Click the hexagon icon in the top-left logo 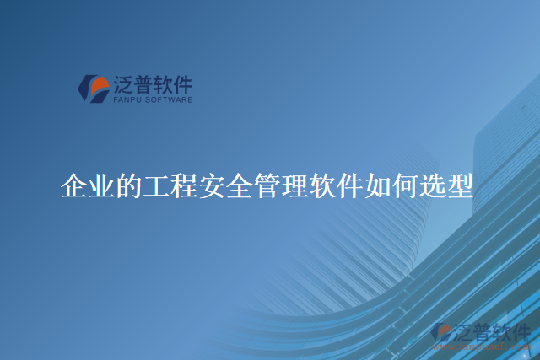(x=93, y=88)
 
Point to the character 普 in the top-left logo (x=144, y=83)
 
